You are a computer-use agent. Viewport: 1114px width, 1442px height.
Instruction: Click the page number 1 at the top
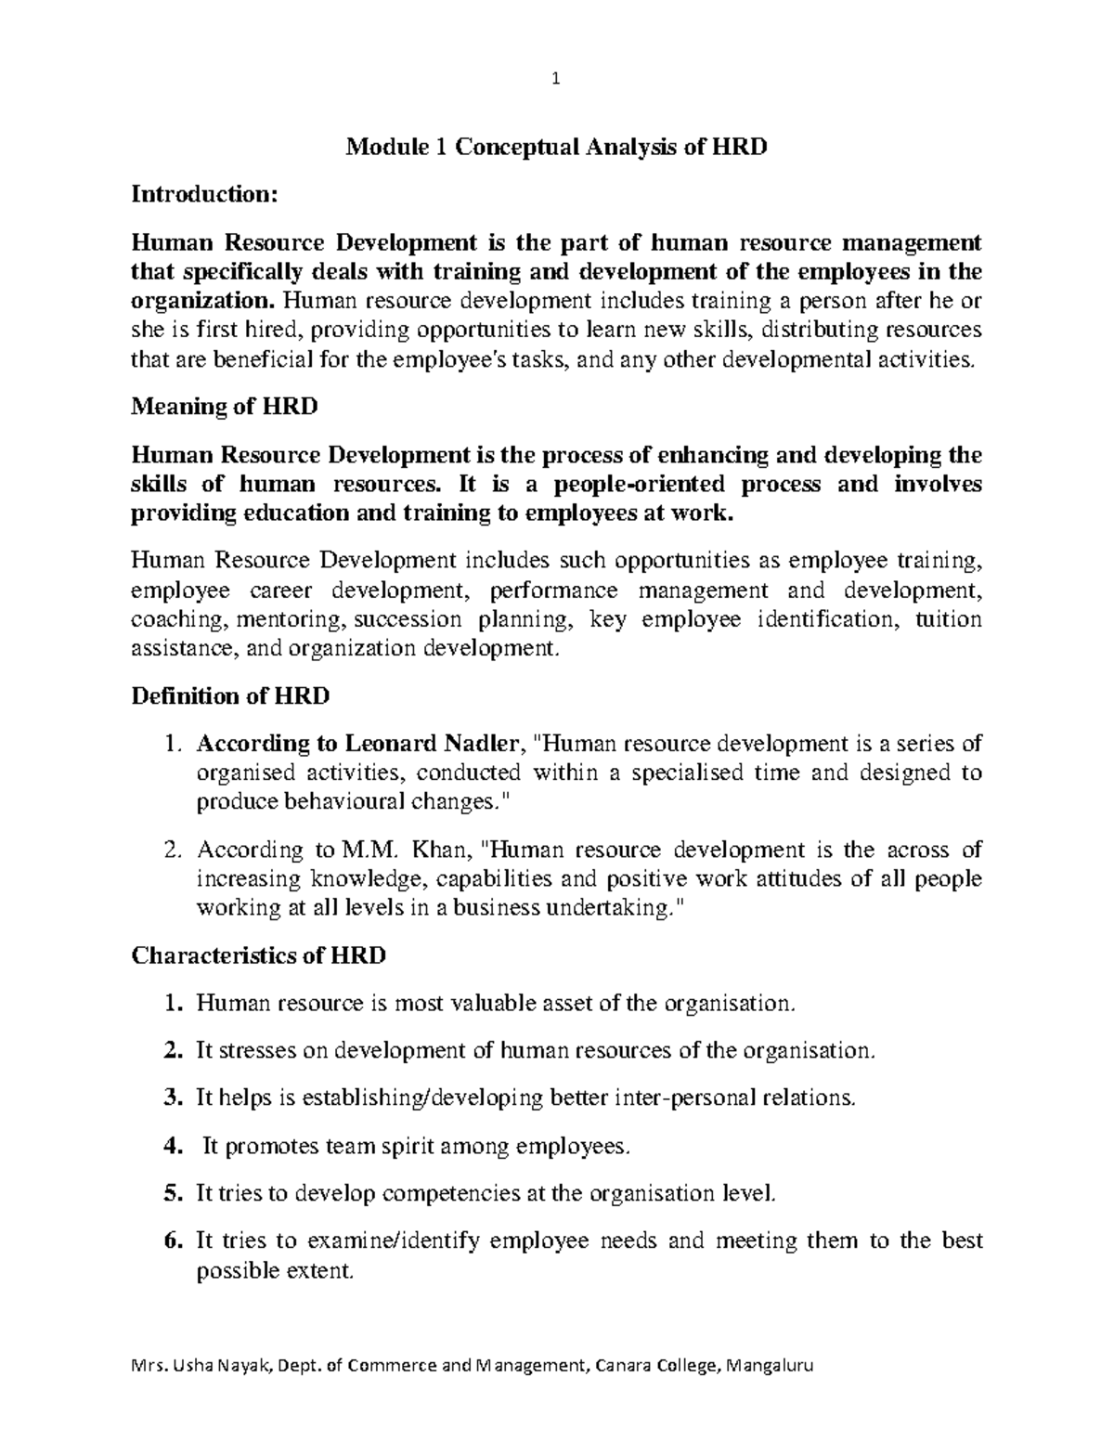pyautogui.click(x=556, y=80)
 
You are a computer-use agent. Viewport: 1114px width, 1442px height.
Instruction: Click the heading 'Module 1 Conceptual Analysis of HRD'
pyautogui.click(x=556, y=148)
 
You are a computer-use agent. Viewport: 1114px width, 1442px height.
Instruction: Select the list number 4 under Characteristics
pyautogui.click(x=171, y=1147)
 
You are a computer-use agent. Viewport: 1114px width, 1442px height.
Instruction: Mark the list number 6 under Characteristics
pyautogui.click(x=171, y=1241)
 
